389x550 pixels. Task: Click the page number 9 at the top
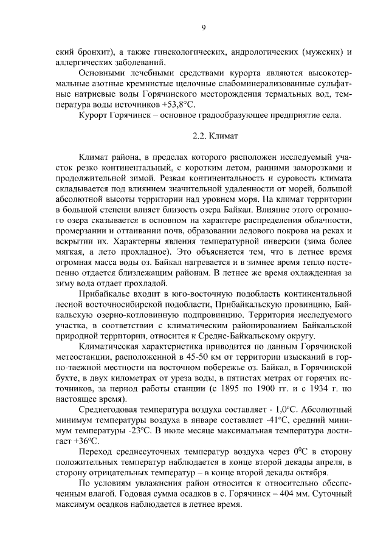(204, 27)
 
